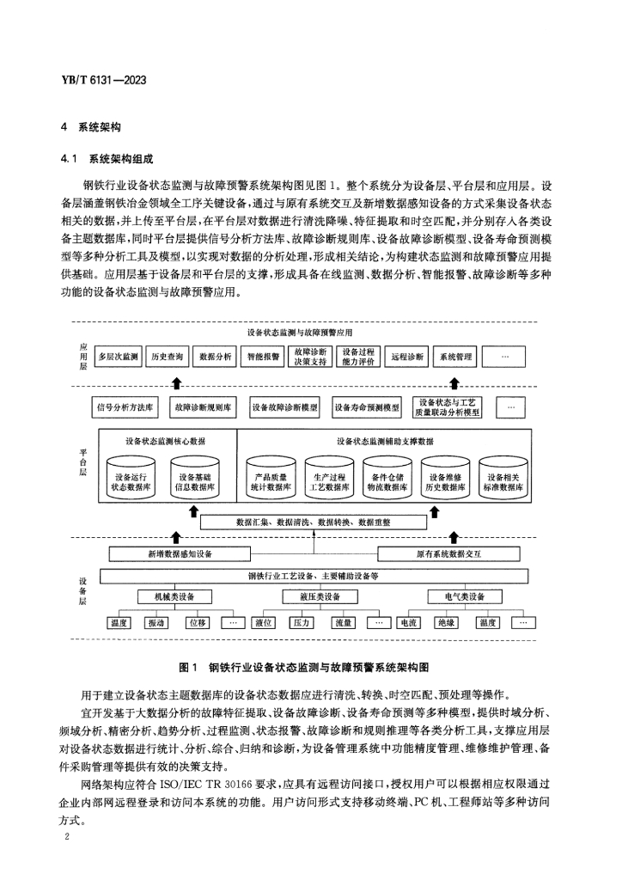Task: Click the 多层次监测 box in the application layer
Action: (119, 356)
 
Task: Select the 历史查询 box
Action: (167, 356)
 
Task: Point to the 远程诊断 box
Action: (406, 356)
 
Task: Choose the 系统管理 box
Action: (455, 356)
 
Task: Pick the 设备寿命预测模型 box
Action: (367, 406)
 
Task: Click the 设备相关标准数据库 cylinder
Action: (506, 480)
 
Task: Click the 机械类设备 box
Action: (174, 596)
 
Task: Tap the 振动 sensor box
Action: (157, 622)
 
